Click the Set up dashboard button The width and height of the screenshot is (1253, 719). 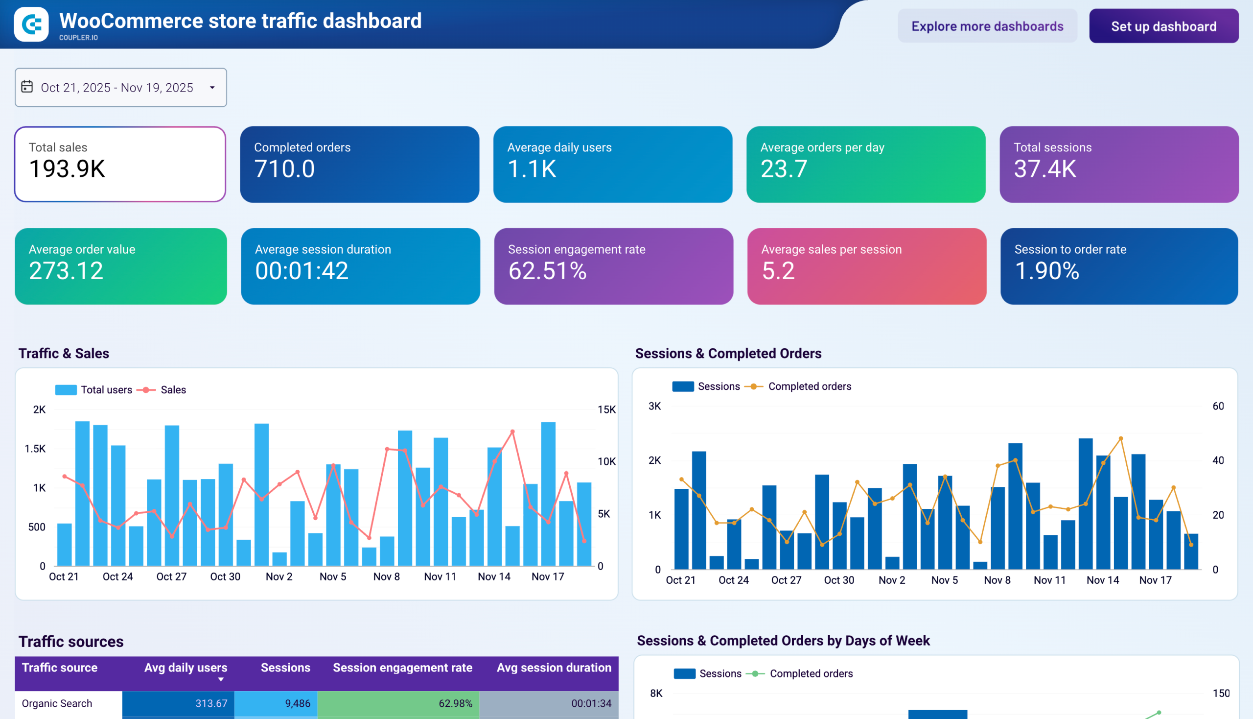click(1163, 26)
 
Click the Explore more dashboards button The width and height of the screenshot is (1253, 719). click(987, 26)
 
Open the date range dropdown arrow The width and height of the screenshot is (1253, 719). click(212, 88)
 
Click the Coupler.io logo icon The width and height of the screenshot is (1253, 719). click(31, 24)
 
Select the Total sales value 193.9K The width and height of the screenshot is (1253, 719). click(67, 169)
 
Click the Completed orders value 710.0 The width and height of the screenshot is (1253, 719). click(284, 169)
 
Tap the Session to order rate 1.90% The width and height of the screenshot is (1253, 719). click(1047, 271)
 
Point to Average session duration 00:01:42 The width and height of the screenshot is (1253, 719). click(302, 271)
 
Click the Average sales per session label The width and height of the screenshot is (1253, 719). click(831, 249)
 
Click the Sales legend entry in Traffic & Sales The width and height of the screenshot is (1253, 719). click(173, 390)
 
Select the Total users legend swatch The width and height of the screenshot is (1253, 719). click(66, 390)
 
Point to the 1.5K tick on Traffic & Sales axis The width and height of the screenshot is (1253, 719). click(35, 448)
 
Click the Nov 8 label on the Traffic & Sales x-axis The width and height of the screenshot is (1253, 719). click(386, 576)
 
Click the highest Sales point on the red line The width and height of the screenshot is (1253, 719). click(512, 431)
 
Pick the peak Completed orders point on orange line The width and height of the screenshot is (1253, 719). click(1121, 438)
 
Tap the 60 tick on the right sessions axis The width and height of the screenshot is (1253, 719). click(1218, 406)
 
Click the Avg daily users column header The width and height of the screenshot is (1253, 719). click(186, 668)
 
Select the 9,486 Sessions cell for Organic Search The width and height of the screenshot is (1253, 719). click(298, 703)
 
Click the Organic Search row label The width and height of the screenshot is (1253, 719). click(57, 703)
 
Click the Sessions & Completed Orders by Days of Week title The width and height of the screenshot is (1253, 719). click(783, 641)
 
